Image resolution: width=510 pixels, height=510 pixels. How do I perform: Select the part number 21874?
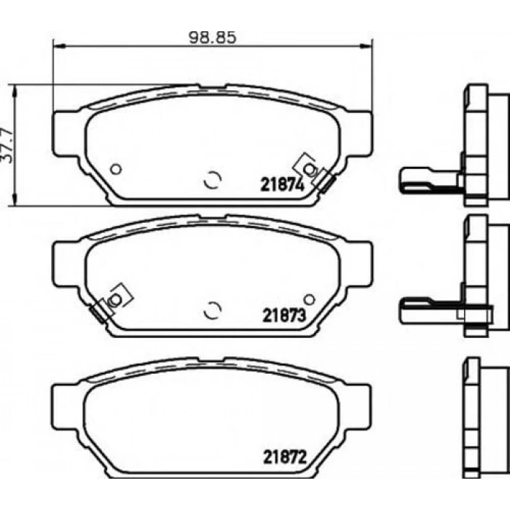click(281, 184)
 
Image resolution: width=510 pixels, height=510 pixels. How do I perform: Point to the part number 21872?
click(281, 459)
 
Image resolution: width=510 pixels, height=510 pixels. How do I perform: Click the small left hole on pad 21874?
click(115, 169)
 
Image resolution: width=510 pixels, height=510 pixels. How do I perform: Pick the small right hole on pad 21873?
click(309, 299)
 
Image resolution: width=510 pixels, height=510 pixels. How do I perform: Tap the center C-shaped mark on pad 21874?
click(212, 179)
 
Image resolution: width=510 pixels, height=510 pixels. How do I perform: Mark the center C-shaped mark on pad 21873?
click(212, 310)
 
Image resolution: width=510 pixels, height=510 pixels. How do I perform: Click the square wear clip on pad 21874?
click(309, 168)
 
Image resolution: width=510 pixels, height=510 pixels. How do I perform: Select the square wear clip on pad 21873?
click(115, 299)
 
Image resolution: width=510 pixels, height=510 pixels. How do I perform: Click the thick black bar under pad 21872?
click(211, 482)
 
